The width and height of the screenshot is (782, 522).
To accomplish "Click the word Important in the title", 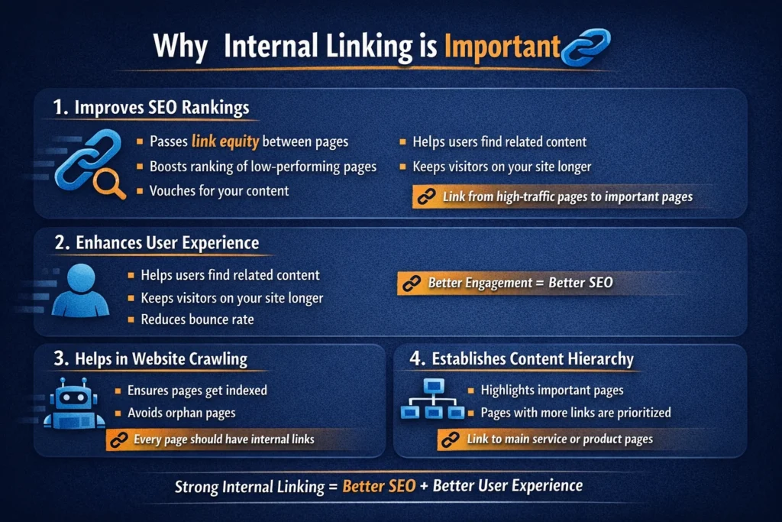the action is pos(502,47).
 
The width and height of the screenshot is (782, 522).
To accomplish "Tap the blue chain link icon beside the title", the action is pos(586,47).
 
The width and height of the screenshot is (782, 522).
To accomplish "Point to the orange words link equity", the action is pos(225,141).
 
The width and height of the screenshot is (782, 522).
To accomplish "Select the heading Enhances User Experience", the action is pos(157,243).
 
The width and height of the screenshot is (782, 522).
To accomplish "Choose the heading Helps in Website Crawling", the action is pos(150,358).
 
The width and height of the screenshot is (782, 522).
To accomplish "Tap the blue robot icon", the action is pos(74,404).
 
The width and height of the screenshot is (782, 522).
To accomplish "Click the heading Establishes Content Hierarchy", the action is pos(521,358).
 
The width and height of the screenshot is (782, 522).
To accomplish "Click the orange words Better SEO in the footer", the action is pos(379,486).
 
